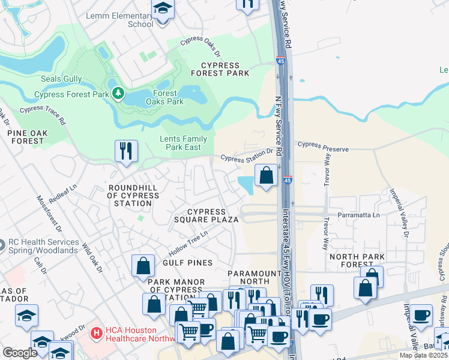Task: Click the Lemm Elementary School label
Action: point(119,20)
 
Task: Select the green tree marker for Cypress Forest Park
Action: point(119,93)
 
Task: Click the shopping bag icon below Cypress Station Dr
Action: point(266,175)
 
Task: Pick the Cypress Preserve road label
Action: point(323,145)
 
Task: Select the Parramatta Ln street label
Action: point(360,215)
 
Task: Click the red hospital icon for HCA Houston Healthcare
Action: point(95,332)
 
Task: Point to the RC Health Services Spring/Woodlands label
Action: point(43,246)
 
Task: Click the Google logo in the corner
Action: point(20,353)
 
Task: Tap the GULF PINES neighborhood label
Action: point(187,263)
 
